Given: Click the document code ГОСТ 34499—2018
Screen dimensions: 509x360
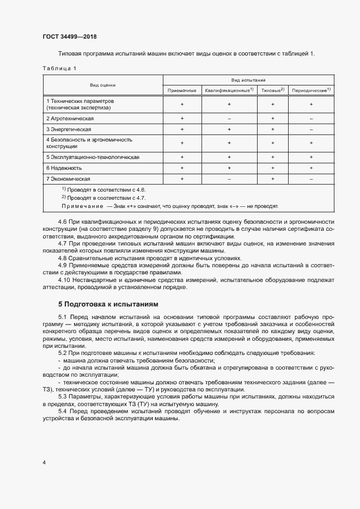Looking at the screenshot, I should (70, 37).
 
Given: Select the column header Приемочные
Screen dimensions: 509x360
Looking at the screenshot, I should (182, 90).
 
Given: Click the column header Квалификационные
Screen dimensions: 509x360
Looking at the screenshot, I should (229, 90).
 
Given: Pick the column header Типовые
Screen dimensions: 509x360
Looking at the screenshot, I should (272, 90).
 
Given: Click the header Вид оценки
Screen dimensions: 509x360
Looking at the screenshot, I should (103, 85).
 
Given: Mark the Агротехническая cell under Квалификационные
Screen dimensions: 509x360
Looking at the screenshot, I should (229, 118).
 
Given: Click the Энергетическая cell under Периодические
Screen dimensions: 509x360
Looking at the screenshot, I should (311, 130).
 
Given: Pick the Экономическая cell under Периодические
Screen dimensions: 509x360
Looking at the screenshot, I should (311, 179).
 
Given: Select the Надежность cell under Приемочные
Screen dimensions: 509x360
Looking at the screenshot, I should (182, 168).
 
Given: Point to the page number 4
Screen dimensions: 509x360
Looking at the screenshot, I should (44, 462).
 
